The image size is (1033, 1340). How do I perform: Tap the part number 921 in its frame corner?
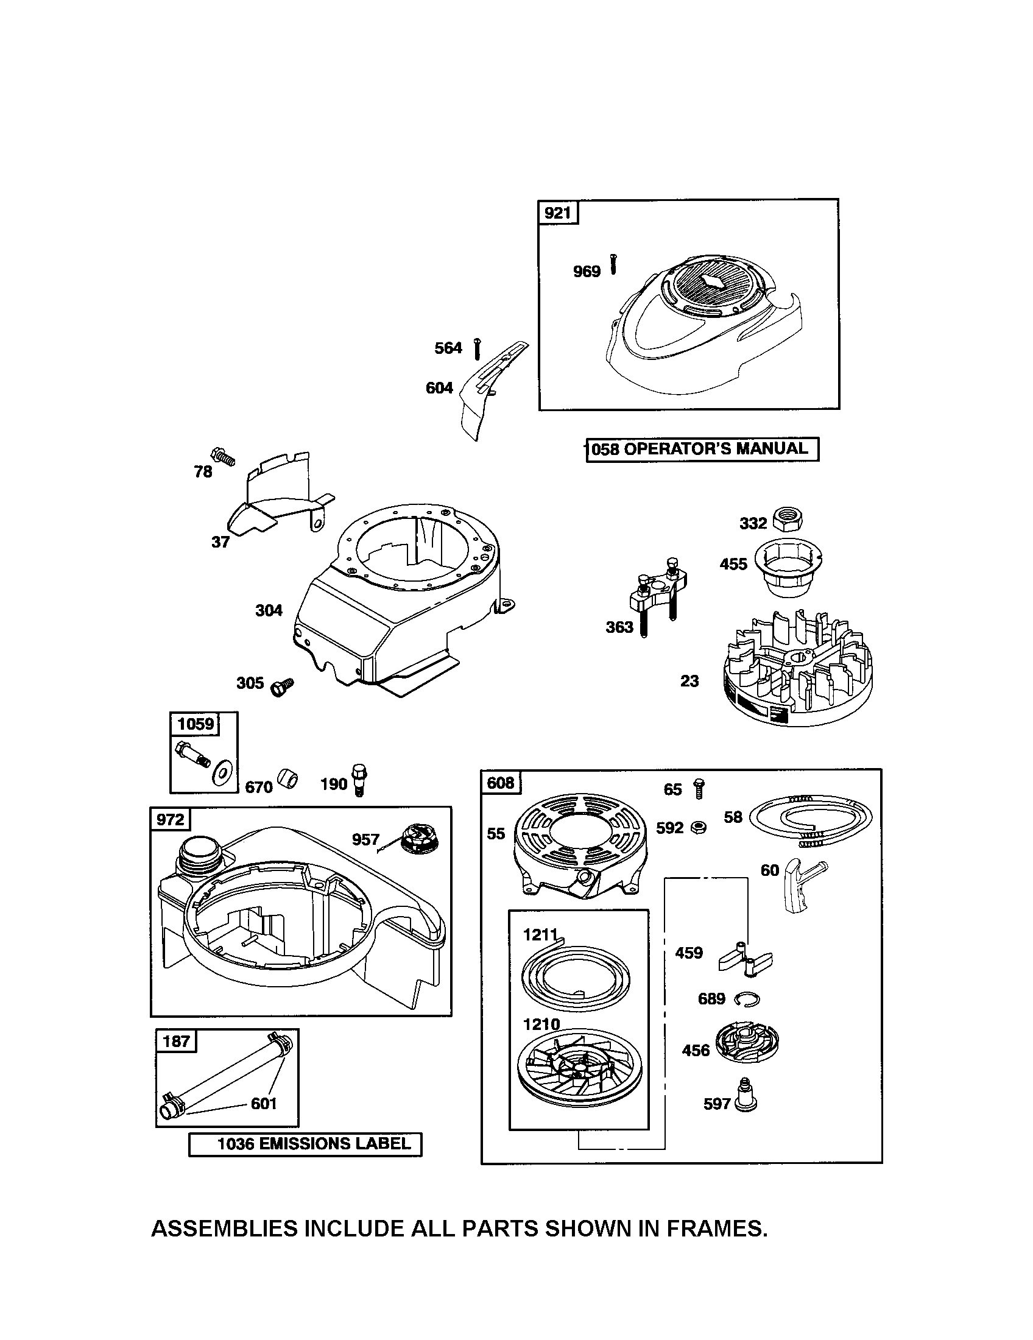[557, 213]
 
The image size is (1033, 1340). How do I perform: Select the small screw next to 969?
[613, 264]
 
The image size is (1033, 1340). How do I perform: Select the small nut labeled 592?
[698, 828]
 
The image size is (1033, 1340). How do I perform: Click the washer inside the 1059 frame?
[220, 775]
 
